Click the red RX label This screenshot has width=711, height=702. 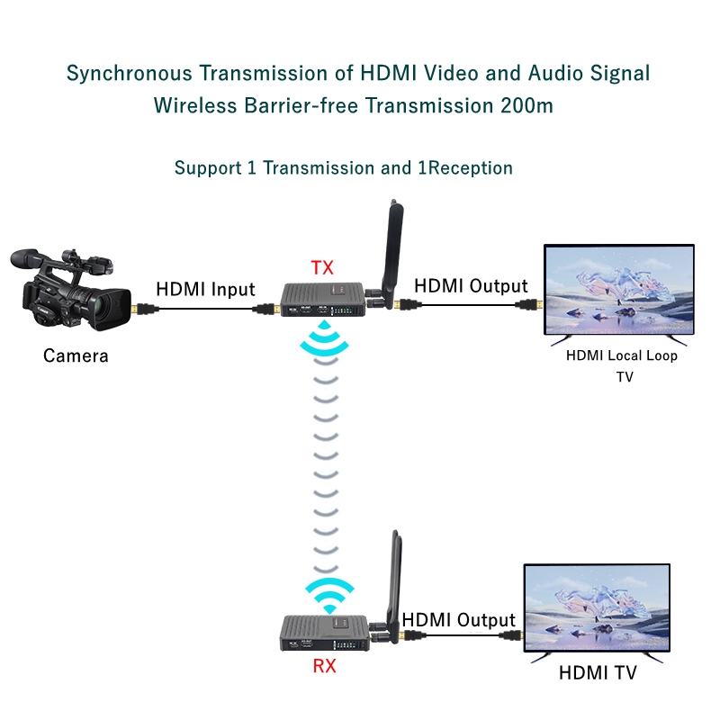[325, 667]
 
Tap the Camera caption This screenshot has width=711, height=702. [76, 355]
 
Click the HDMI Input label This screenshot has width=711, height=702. [205, 290]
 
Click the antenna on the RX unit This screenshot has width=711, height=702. [393, 580]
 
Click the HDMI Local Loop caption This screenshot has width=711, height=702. [622, 355]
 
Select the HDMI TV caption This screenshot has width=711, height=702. [598, 672]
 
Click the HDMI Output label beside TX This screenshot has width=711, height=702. [471, 286]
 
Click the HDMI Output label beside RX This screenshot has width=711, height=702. [458, 620]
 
